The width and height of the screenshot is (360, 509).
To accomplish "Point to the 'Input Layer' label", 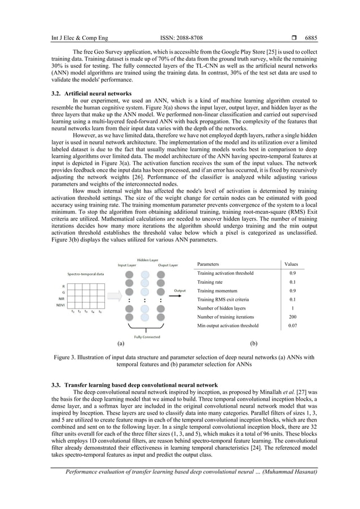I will tap(127, 264).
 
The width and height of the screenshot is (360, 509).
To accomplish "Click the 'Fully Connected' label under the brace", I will tap(147, 337).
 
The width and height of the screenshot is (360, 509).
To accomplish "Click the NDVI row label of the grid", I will tap(60, 305).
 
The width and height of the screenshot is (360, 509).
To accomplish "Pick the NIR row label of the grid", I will tap(61, 299).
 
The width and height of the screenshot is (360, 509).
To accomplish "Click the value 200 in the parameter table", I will tap(292, 317).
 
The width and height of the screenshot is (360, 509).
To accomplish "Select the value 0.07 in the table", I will tap(292, 326).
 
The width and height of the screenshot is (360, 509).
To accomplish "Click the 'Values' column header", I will tap(291, 264).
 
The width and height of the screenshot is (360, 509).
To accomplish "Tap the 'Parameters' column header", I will tap(208, 264).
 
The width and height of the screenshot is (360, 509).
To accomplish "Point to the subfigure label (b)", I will tap(253, 343).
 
